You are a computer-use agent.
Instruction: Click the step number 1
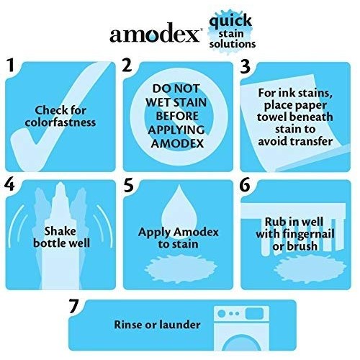(11, 67)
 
